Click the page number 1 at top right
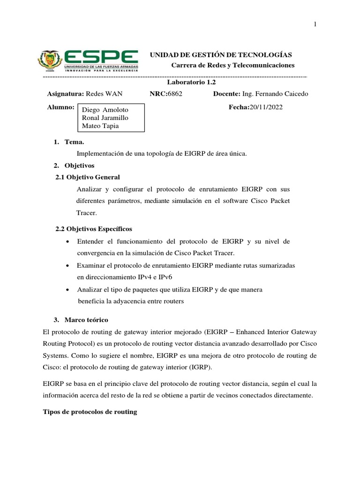click(x=315, y=24)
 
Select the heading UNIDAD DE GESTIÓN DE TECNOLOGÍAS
click(x=220, y=55)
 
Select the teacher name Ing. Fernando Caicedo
click(x=275, y=94)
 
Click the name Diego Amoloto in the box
click(x=105, y=109)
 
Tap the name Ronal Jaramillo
click(x=105, y=118)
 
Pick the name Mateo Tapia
click(x=100, y=126)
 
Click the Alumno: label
click(x=61, y=107)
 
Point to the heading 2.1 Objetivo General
click(x=88, y=177)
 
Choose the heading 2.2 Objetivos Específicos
click(x=94, y=229)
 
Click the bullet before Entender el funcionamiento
click(x=69, y=241)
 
